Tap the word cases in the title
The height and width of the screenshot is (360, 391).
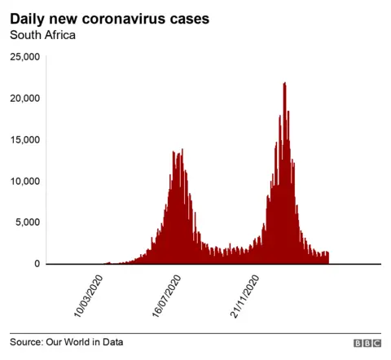pos(187,18)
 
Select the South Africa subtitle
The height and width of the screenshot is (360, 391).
pos(42,35)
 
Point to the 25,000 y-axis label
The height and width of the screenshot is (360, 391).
pos(24,57)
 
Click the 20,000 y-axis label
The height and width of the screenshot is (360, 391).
pos(24,99)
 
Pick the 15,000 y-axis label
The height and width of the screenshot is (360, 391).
pos(24,140)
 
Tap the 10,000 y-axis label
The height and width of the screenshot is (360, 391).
pos(24,182)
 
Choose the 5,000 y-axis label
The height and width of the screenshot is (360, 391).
pos(27,222)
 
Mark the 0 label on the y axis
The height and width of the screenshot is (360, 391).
pos(36,264)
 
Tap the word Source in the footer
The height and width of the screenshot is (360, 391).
pos(28,342)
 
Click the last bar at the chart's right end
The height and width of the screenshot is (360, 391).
pos(327,258)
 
